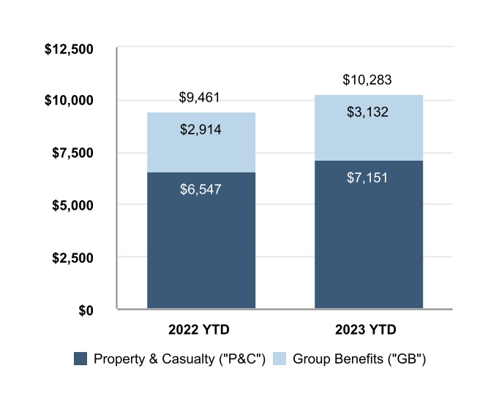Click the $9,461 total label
[x=200, y=97]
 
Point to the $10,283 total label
[x=368, y=80]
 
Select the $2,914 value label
[x=200, y=130]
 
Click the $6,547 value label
[x=200, y=189]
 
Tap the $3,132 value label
[x=368, y=112]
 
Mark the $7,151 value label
[x=368, y=177]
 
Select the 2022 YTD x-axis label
[x=200, y=329]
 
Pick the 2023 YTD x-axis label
[x=368, y=329]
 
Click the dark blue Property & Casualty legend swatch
[x=80, y=359]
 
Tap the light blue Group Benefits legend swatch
[x=279, y=359]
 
